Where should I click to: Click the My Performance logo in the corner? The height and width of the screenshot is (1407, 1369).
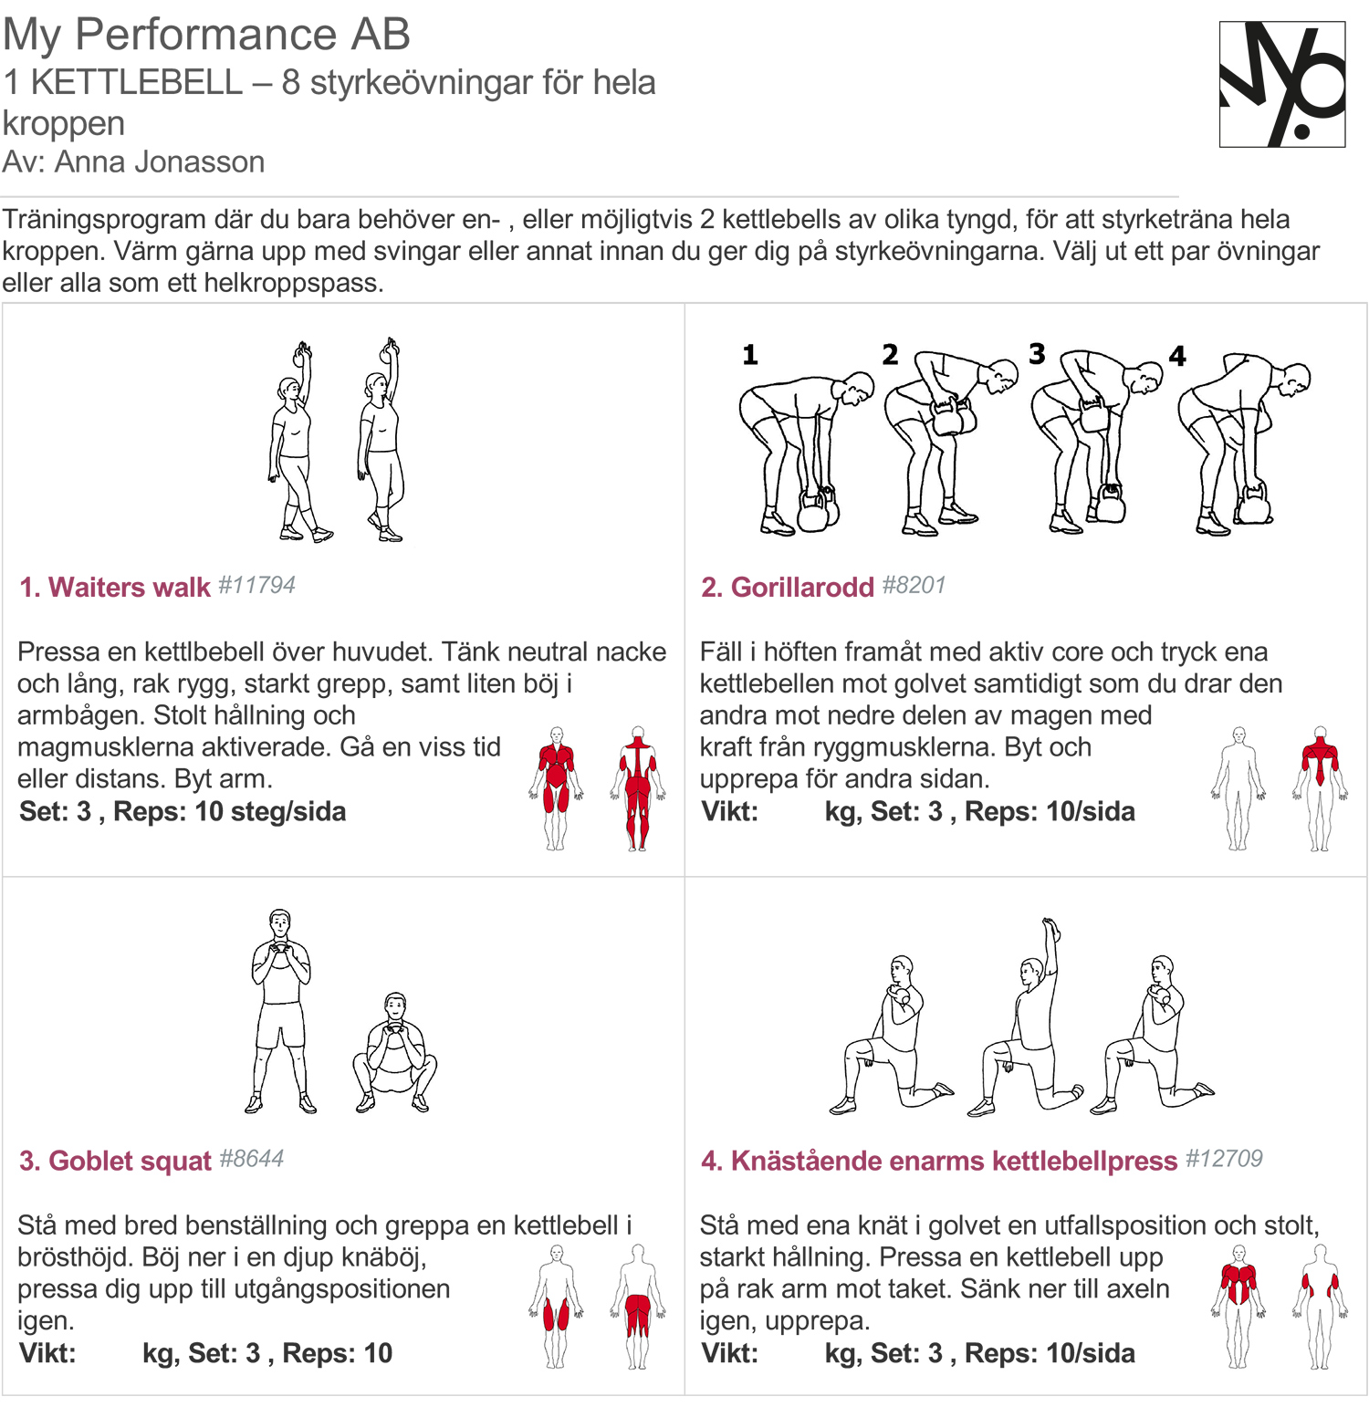point(1282,84)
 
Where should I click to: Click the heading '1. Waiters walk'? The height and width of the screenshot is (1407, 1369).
point(115,587)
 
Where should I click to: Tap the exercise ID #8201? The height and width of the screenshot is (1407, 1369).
point(914,585)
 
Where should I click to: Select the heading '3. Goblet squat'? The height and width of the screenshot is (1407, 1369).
point(115,1161)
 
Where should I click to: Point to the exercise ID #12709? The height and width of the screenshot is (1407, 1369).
point(1224,1159)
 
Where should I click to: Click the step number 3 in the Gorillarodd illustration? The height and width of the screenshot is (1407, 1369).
point(1037,354)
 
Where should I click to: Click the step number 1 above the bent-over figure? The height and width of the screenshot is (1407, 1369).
point(750,355)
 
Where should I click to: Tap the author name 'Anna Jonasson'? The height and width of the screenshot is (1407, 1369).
point(160,162)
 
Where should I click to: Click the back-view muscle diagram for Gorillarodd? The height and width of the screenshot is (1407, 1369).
point(1320,788)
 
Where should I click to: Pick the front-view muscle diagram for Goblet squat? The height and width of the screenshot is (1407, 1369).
point(557,1306)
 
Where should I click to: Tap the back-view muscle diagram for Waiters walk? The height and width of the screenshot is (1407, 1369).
point(638,788)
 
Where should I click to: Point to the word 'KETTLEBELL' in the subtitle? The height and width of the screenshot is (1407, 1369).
point(137,82)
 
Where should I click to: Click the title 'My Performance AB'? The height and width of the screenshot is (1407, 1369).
point(206,34)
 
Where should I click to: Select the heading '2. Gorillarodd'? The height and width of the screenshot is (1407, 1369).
point(787,587)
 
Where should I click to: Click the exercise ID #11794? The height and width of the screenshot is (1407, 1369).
point(256,585)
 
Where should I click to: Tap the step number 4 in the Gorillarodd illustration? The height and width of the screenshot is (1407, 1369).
point(1177,356)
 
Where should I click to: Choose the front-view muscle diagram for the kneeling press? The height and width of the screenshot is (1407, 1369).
point(1238,1306)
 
